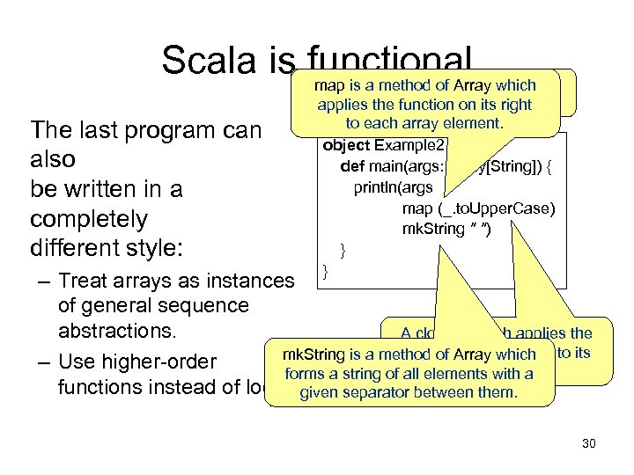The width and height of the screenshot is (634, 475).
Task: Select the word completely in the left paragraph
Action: pyautogui.click(x=88, y=218)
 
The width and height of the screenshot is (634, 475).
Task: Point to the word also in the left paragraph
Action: pyautogui.click(x=53, y=159)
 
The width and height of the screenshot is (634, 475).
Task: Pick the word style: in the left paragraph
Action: pyautogui.click(x=151, y=247)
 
